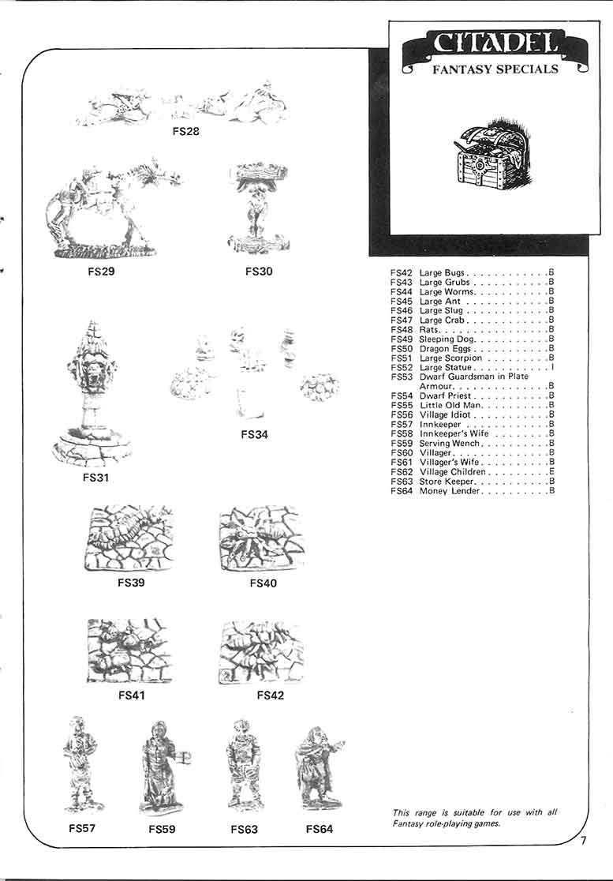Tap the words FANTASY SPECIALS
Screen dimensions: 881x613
click(495, 69)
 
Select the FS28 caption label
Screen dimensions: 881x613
click(185, 131)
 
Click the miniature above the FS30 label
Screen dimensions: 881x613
click(258, 208)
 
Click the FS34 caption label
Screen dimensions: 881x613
click(256, 434)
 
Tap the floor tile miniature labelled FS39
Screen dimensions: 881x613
click(129, 538)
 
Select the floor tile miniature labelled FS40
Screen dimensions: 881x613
click(261, 538)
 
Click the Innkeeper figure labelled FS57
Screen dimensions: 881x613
click(81, 764)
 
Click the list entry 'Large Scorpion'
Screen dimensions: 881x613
click(452, 358)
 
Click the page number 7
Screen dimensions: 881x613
click(583, 840)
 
